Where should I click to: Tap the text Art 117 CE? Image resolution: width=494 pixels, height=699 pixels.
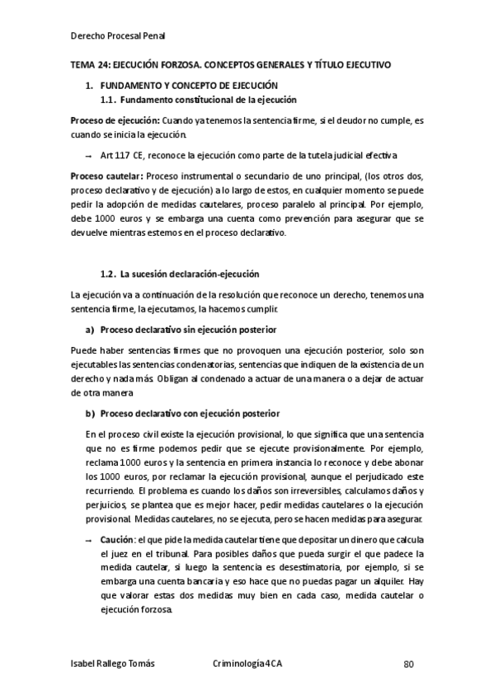point(122,155)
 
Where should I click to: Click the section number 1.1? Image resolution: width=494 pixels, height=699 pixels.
point(107,100)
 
